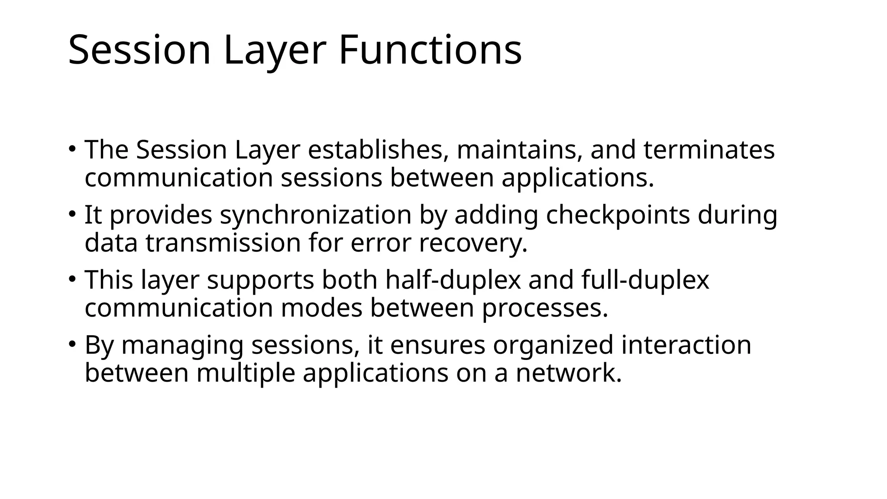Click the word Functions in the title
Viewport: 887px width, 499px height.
pyautogui.click(x=430, y=51)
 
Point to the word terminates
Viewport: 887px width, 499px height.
pyautogui.click(x=709, y=150)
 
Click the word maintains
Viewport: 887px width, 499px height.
pyautogui.click(x=519, y=150)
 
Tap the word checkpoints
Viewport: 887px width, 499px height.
pyautogui.click(x=618, y=215)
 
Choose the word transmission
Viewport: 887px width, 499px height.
pyautogui.click(x=223, y=243)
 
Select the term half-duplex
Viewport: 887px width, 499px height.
pyautogui.click(x=453, y=280)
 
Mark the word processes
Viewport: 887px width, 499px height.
pyautogui.click(x=545, y=308)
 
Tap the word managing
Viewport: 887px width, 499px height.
pyautogui.click(x=182, y=345)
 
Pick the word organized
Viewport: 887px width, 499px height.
pyautogui.click(x=553, y=345)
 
